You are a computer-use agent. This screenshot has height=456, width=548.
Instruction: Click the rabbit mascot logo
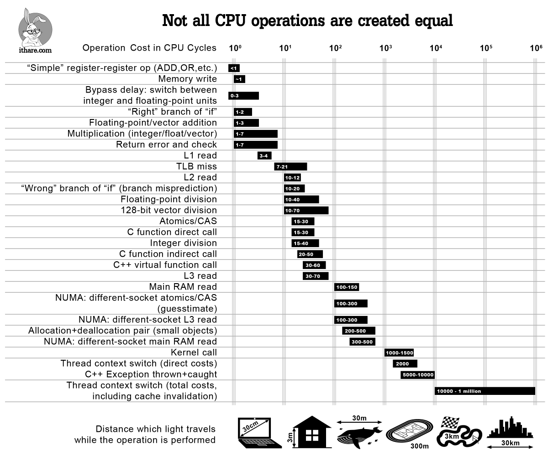[36, 26]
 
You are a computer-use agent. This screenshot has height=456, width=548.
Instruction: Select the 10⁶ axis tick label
[536, 48]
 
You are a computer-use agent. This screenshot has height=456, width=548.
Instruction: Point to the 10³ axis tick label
[386, 48]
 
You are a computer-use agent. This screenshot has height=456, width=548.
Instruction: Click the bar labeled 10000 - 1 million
[485, 391]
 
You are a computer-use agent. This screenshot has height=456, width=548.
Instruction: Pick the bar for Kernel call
[399, 352]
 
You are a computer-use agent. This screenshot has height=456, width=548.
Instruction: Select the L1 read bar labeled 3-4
[264, 155]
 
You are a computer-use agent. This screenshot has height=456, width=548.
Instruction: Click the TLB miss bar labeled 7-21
[290, 166]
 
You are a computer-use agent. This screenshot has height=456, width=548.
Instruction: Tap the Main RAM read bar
[347, 287]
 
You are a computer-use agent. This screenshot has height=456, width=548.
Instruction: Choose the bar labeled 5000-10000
[417, 375]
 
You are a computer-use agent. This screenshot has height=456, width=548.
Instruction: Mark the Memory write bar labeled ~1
[239, 79]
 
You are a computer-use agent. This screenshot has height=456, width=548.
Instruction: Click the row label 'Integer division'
[184, 243]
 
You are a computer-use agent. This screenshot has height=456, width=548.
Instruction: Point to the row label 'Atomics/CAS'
[188, 221]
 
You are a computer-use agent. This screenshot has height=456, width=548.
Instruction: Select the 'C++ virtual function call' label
[165, 265]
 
